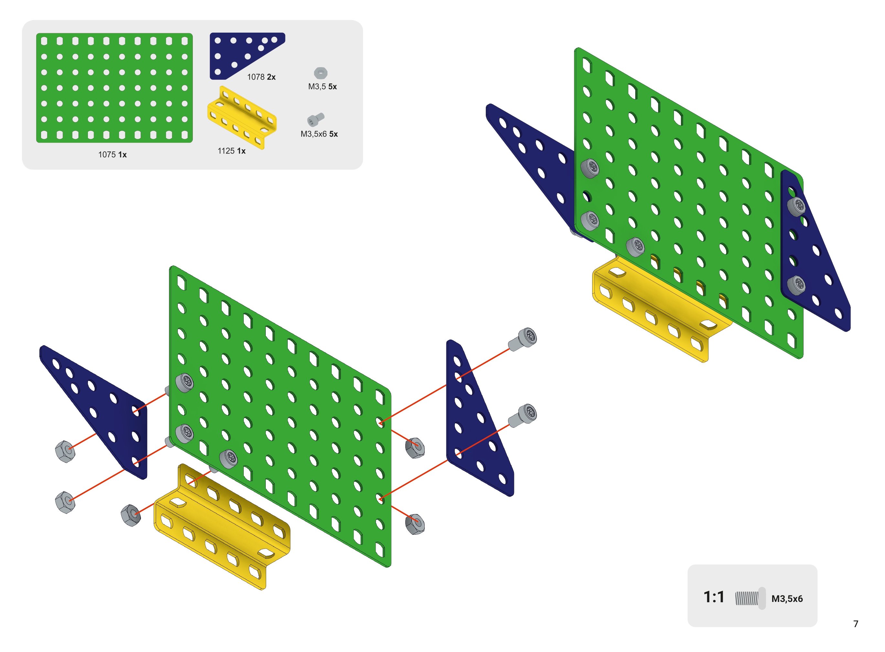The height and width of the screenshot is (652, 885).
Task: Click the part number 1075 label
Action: click(107, 154)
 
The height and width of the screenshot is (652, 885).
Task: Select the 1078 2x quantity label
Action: click(261, 77)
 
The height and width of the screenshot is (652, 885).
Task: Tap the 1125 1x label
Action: click(231, 151)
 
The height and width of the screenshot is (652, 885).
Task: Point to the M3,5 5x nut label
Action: click(322, 87)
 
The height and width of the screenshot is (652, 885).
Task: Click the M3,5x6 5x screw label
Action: click(319, 134)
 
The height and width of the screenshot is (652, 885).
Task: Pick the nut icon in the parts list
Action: click(321, 73)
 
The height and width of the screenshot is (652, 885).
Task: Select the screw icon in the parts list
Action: click(316, 119)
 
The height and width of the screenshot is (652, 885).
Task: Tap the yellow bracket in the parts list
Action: click(241, 118)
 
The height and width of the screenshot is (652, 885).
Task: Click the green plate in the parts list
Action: click(114, 88)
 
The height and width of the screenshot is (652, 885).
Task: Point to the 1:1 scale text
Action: click(714, 597)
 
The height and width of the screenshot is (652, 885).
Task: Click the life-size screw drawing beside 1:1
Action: click(750, 598)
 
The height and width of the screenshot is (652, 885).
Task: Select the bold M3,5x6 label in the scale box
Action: click(787, 599)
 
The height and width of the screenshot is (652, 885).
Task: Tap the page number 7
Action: click(855, 624)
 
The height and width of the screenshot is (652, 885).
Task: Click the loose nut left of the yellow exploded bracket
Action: click(131, 515)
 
